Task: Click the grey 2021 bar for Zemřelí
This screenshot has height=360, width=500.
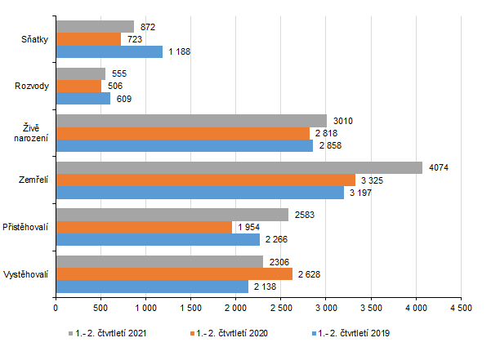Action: point(239,167)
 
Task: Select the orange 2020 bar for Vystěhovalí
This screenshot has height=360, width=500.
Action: point(174,274)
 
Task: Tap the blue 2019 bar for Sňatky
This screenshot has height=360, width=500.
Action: point(109,51)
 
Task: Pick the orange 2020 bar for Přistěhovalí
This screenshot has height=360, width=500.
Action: point(143,227)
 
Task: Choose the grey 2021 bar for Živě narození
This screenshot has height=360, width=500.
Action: point(191,121)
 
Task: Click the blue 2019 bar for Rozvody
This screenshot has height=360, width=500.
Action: point(83,99)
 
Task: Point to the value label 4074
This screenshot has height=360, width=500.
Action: point(438,167)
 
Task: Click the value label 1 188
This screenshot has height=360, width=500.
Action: point(181,51)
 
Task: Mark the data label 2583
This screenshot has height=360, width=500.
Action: point(304,215)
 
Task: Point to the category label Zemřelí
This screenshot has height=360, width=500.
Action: point(33,179)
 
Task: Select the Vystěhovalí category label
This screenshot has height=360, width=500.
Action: point(27,273)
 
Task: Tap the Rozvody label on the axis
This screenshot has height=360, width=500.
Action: point(33,85)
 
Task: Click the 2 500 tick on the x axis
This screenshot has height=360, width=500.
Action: point(280,308)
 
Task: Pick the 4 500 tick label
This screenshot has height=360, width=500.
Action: point(461,308)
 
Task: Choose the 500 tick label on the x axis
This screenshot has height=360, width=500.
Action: point(100,308)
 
